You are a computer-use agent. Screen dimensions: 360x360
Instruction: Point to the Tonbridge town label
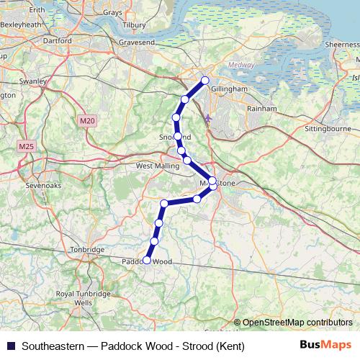tap(89, 250)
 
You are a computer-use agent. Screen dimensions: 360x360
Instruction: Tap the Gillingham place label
tap(230, 89)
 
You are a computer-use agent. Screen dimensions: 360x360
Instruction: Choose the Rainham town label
tap(261, 108)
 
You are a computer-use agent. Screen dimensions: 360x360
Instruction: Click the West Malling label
tap(156, 166)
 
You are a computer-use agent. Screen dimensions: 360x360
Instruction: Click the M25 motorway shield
tap(27, 147)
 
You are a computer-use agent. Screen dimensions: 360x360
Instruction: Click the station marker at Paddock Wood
tap(147, 260)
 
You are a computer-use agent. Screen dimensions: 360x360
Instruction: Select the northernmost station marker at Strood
tap(205, 81)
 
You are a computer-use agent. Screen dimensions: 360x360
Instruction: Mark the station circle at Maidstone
tap(212, 181)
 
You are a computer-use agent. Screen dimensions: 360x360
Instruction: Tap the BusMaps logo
tap(326, 345)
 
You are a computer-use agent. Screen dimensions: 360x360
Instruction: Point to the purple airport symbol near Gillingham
tap(208, 118)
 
